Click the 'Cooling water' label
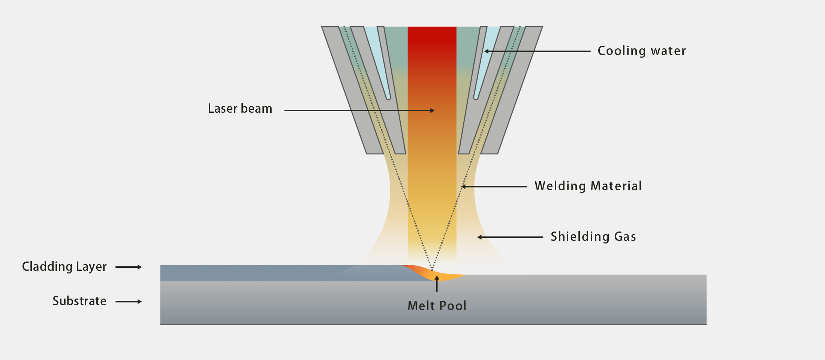pyautogui.click(x=641, y=51)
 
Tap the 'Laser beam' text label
pyautogui.click(x=240, y=109)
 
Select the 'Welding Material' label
pyautogui.click(x=588, y=186)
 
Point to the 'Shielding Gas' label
pyautogui.click(x=593, y=237)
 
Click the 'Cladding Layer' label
pyautogui.click(x=64, y=267)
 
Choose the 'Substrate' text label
pyautogui.click(x=79, y=301)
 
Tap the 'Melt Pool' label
pyautogui.click(x=437, y=306)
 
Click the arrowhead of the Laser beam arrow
pyautogui.click(x=432, y=111)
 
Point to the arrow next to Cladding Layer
pyautogui.click(x=129, y=267)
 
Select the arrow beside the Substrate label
pyautogui.click(x=129, y=302)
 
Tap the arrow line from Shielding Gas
pyautogui.click(x=510, y=237)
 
